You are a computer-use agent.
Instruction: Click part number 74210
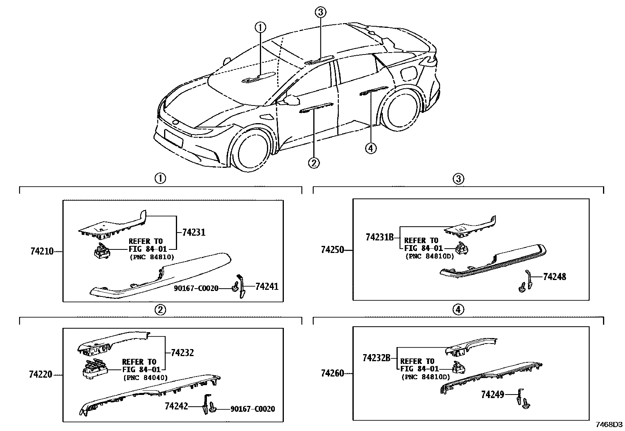pos(42,251)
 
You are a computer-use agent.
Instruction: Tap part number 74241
pos(267,287)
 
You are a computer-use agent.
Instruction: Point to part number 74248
pos(554,276)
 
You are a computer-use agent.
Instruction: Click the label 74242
pos(176,406)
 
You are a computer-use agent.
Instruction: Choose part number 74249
pos(492,395)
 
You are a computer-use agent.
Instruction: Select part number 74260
pos(332,373)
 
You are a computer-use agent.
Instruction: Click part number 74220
pos(40,375)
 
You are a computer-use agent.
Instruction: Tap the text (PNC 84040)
pos(145,378)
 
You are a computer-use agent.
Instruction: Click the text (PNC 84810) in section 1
pos(152,257)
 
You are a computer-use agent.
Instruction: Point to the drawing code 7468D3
pos(609,425)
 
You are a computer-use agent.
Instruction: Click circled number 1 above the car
pos(260,27)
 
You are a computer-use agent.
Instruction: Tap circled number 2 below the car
pos(314,162)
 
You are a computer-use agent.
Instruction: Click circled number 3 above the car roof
pos(320,13)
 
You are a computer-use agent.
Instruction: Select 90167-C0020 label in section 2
pos(252,409)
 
